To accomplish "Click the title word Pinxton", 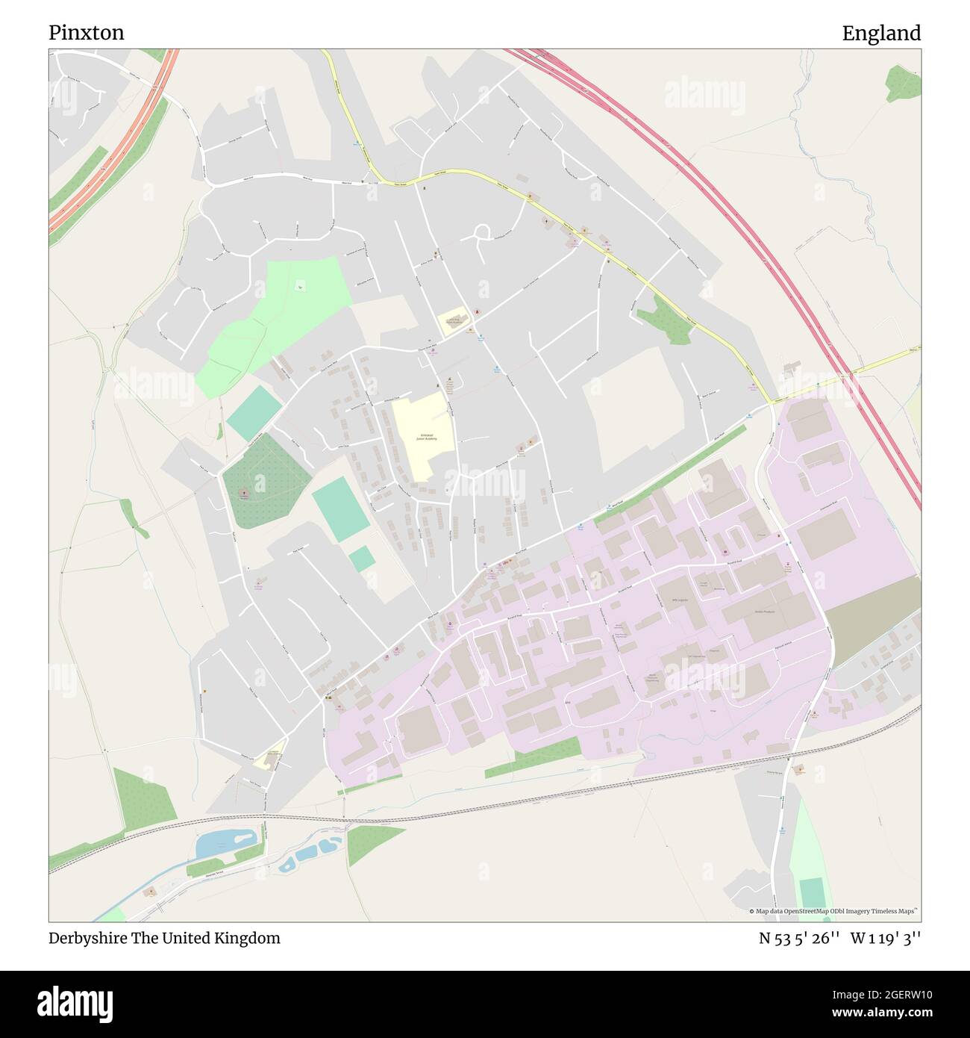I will [x=87, y=33].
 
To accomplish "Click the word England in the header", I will [x=881, y=33].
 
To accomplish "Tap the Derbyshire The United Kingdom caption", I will [x=165, y=938].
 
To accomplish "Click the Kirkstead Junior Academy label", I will [x=422, y=437].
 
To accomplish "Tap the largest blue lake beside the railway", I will [x=224, y=843].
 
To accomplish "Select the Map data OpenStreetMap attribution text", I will [x=833, y=911].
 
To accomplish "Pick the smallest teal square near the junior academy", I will [x=362, y=559].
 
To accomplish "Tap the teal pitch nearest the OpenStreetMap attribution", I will [x=812, y=892].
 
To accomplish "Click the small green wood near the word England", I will [x=904, y=83].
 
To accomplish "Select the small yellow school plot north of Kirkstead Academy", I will [x=453, y=320].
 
